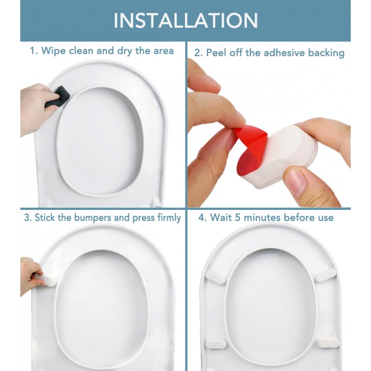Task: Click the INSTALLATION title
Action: point(185,21)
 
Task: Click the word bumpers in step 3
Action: point(93,218)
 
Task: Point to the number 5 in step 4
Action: point(238,217)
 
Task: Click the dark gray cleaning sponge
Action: point(58,97)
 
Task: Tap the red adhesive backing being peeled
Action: point(250,150)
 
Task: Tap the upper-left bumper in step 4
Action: point(216,277)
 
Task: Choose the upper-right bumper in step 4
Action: point(326,275)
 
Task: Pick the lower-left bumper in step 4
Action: point(216,344)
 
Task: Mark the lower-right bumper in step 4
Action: point(328,343)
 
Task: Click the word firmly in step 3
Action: point(169,218)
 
